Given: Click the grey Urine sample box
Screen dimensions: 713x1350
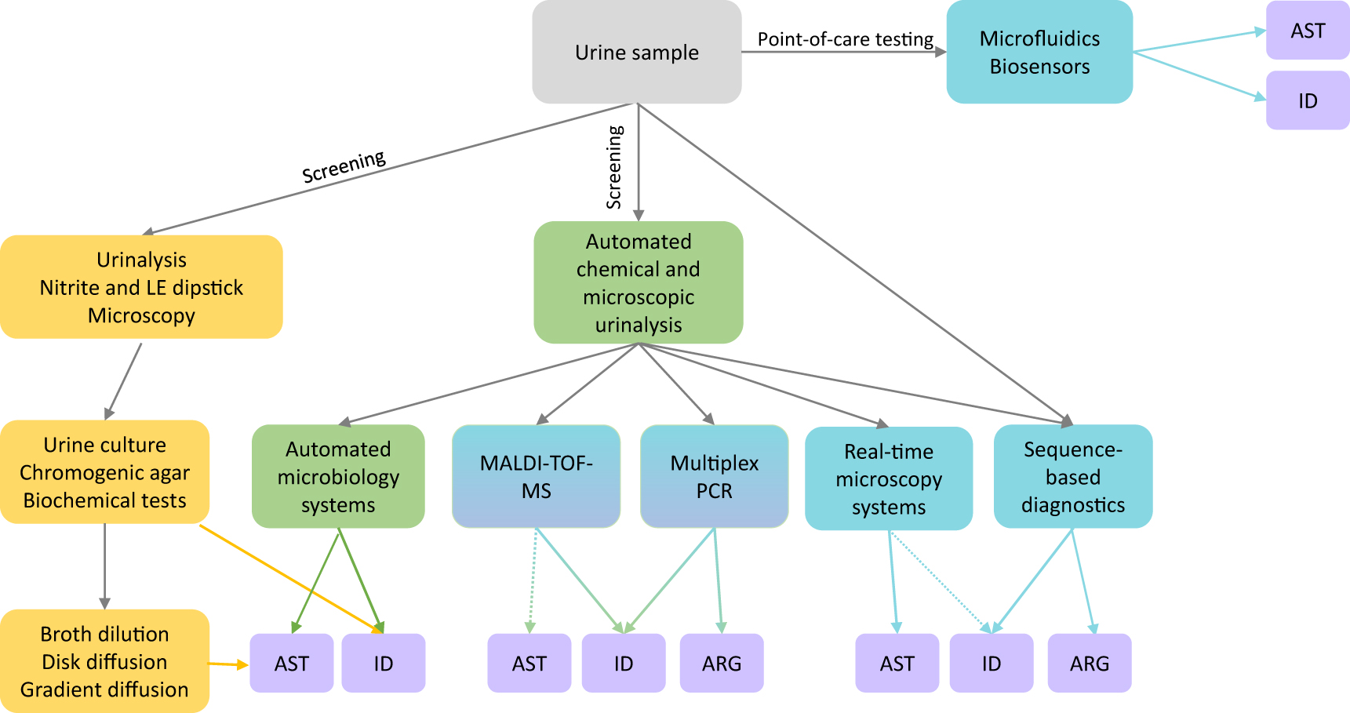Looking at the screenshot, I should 636,52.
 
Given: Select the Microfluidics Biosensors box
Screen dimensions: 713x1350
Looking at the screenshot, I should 1039,52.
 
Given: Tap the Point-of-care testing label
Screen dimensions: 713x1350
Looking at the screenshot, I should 845,39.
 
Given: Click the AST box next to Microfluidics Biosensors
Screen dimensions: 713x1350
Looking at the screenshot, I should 1307,31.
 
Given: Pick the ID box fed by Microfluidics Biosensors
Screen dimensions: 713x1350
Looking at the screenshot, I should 1307,100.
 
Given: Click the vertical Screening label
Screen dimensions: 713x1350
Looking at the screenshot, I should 614,167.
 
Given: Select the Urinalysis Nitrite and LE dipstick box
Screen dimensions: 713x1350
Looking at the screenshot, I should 141,287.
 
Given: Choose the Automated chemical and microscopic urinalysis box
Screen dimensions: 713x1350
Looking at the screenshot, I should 638,282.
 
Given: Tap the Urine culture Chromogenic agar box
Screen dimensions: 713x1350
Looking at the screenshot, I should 104,472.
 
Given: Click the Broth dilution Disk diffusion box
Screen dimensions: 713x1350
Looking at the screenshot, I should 104,661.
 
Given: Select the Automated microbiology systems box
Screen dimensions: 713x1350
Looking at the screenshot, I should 338,476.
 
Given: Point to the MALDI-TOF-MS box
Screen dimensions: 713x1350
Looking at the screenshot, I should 536,476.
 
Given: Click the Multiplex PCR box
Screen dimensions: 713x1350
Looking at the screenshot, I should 714,476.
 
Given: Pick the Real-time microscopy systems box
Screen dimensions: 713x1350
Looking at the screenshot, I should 888,478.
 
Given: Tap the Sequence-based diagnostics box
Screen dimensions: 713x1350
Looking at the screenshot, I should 1072,476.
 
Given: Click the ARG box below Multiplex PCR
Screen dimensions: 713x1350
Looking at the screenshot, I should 721,664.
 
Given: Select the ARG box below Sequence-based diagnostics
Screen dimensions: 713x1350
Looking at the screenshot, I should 1089,664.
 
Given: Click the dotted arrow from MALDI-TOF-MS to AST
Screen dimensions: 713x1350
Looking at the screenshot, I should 533,580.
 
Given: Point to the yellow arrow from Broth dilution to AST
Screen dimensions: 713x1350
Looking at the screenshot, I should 227,664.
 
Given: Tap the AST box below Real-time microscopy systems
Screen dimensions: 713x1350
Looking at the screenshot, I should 897,664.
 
